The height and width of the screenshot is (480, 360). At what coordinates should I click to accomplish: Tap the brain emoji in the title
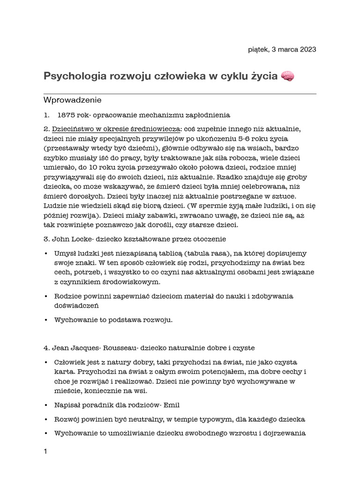tap(287, 76)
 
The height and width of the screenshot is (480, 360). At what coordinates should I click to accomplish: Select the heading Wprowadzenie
tap(72, 100)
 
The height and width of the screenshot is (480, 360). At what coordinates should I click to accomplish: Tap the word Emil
tap(171, 405)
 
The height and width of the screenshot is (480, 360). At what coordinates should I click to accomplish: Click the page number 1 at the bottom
tap(45, 452)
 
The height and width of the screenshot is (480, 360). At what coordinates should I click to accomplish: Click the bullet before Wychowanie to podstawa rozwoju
tap(45, 320)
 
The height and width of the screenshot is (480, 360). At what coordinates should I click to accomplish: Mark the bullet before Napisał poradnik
tap(45, 405)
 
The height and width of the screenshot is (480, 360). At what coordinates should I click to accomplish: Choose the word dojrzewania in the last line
tap(285, 433)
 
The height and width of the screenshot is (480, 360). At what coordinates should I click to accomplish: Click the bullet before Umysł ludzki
tap(45, 254)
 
